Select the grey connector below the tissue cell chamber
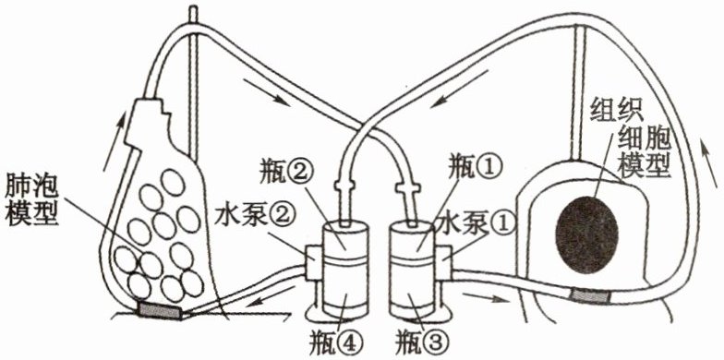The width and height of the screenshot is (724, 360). [x=589, y=295]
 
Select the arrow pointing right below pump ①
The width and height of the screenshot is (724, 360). [x=485, y=296]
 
